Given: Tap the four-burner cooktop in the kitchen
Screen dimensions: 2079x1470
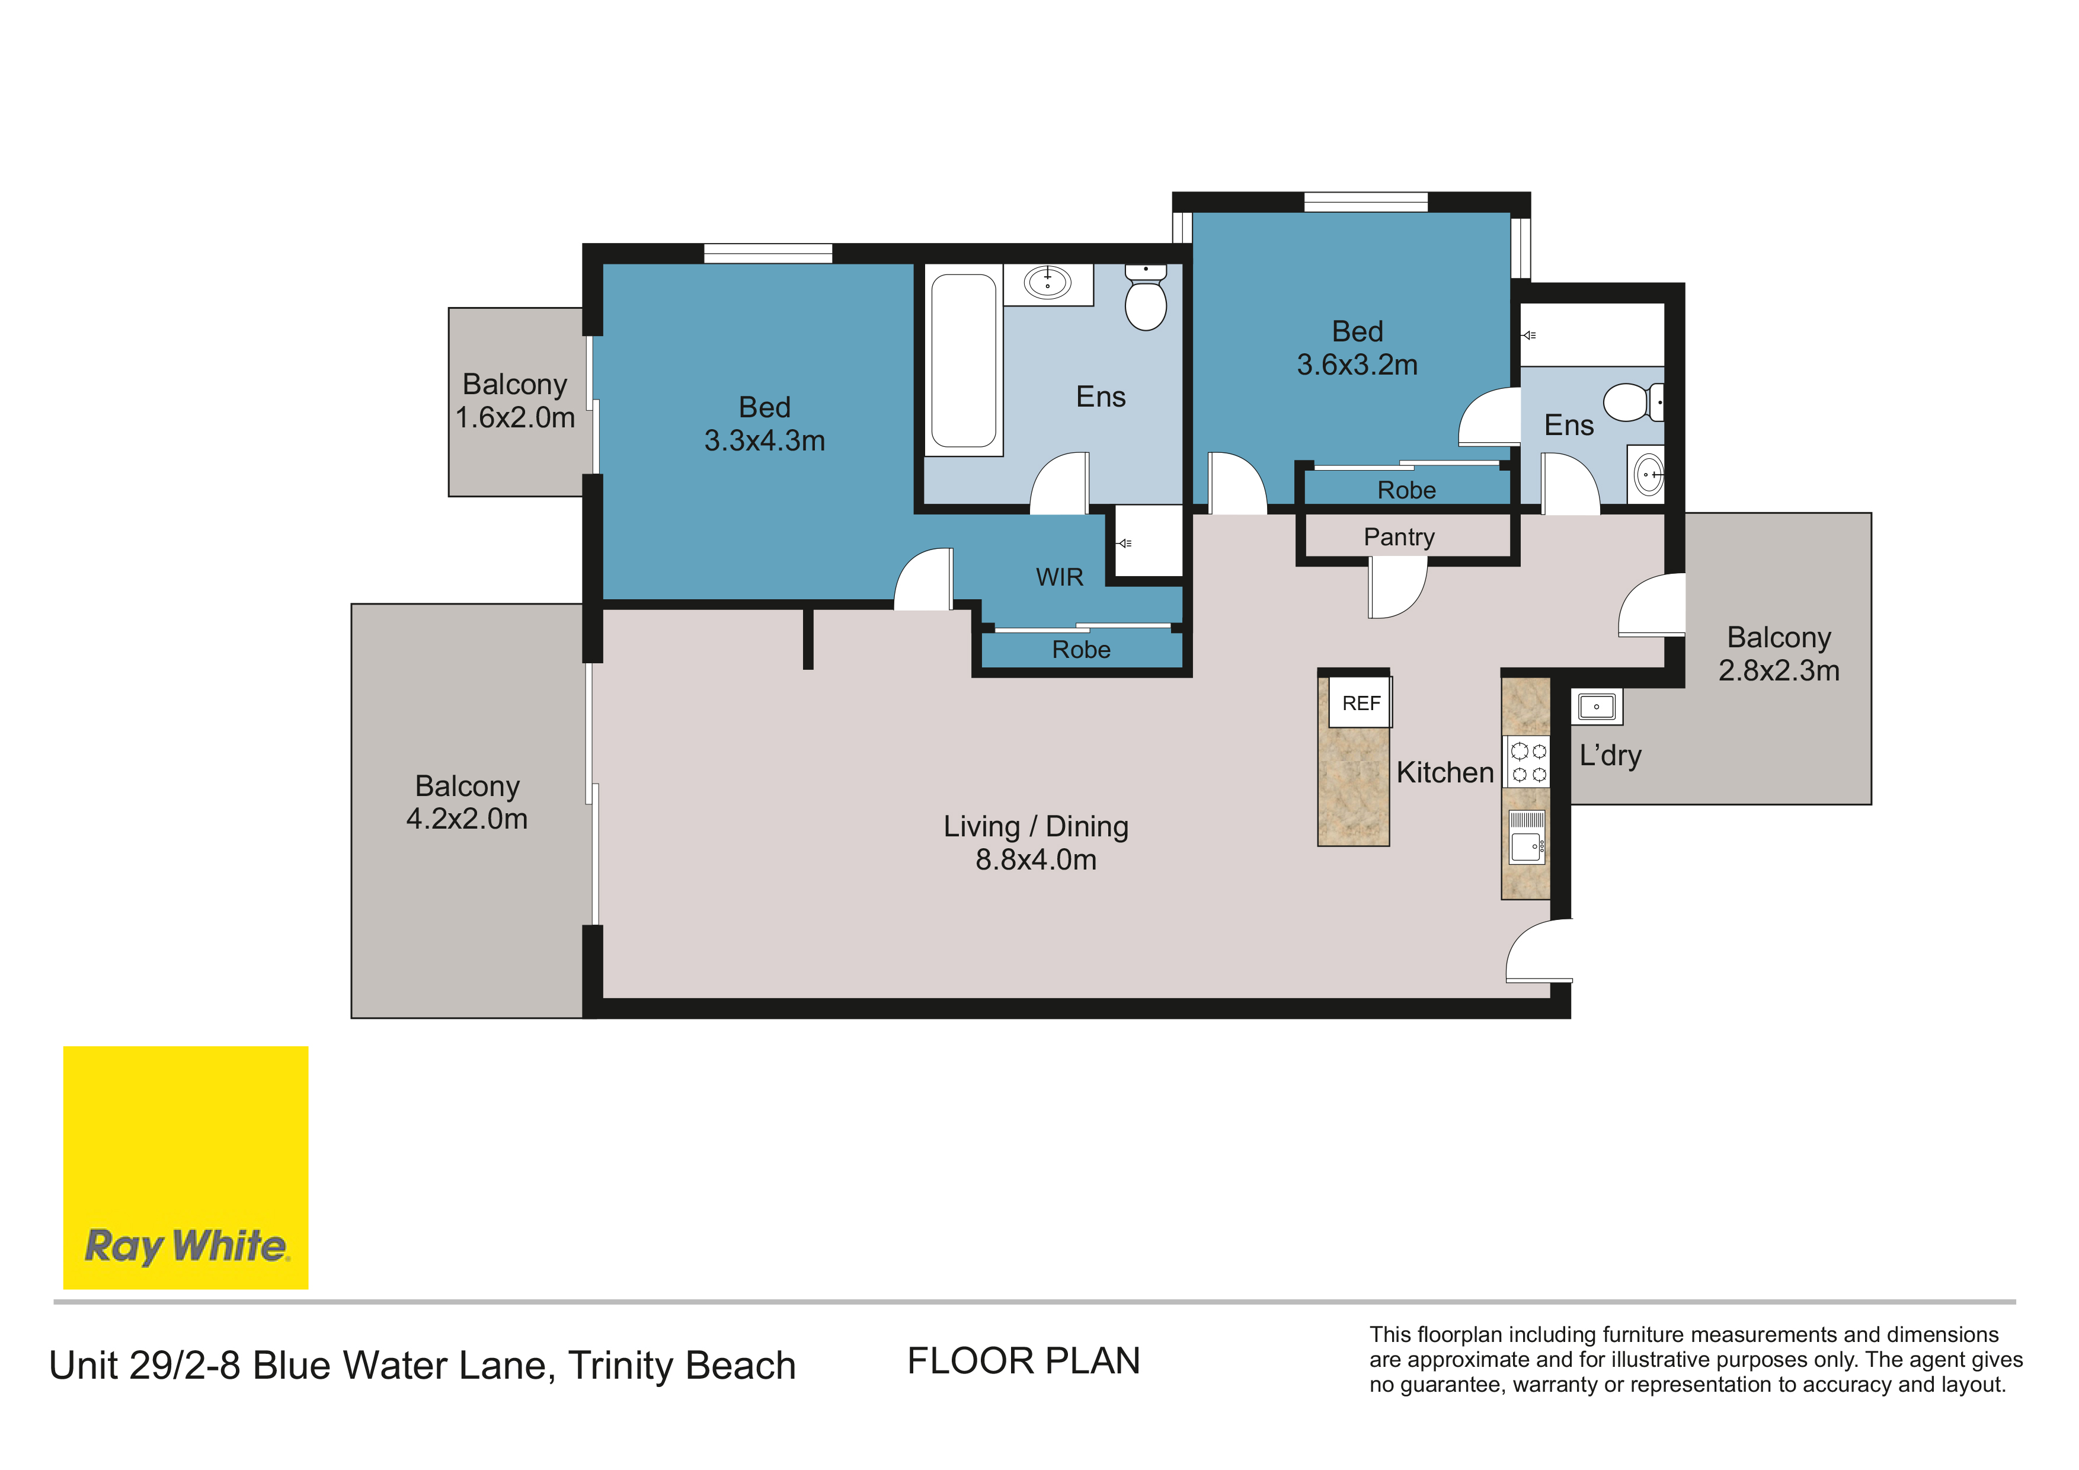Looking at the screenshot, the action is coord(1528,762).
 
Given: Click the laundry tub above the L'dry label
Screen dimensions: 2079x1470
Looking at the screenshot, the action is coord(1597,707).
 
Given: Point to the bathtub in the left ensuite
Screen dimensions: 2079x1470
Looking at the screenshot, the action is coord(964,360).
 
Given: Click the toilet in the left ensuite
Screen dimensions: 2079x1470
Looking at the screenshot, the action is coord(1146,296).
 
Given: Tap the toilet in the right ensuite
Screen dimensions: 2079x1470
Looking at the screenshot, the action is coord(1633,402).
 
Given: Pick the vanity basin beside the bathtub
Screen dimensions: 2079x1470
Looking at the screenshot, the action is coord(1048,283).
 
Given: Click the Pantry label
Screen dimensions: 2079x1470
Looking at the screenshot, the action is coord(1399,537).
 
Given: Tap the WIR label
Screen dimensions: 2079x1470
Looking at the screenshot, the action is coord(1060,577).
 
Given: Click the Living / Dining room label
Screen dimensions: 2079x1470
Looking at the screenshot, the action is coord(1036,826).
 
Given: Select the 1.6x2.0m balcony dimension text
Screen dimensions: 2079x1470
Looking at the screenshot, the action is coord(514,417).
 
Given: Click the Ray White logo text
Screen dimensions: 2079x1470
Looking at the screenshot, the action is coord(187,1247).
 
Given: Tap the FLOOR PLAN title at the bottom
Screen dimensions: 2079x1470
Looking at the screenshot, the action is coord(1024,1362).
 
